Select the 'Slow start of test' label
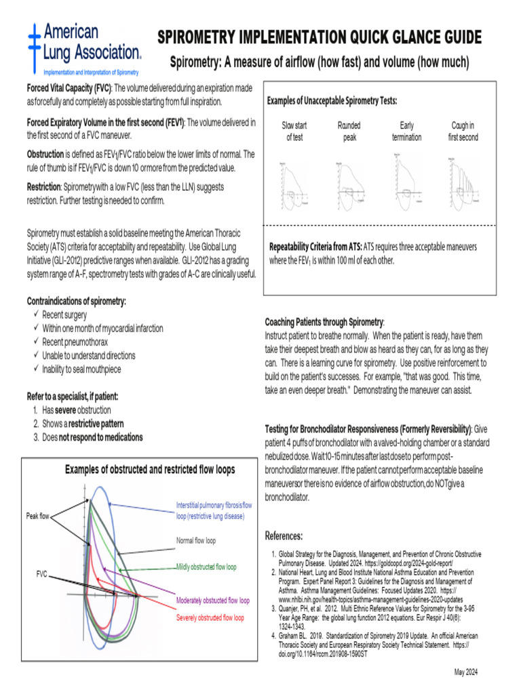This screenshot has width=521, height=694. click(x=294, y=131)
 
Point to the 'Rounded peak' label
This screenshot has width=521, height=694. click(x=349, y=131)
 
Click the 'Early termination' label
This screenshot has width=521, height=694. click(x=406, y=131)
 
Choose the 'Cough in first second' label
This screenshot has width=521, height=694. click(x=463, y=131)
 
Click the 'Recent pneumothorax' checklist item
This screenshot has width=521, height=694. click(x=75, y=342)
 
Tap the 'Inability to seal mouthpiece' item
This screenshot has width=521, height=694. click(x=81, y=369)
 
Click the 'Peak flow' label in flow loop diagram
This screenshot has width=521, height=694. click(x=38, y=516)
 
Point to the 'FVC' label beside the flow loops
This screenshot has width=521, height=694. click(x=42, y=574)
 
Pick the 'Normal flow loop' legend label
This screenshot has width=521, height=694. click(x=196, y=541)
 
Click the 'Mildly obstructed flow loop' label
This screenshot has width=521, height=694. click(x=206, y=567)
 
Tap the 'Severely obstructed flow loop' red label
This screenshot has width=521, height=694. click(x=210, y=618)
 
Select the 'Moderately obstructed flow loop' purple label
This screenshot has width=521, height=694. click(x=212, y=600)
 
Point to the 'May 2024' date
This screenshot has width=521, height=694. click(x=467, y=672)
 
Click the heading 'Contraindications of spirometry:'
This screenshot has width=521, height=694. click(x=77, y=301)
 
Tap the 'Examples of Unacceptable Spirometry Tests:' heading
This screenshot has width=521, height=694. click(x=332, y=101)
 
